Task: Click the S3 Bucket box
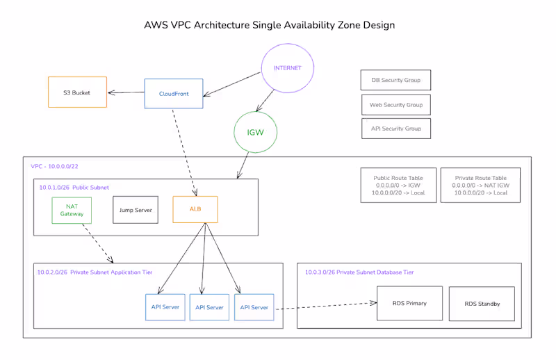pyautogui.click(x=77, y=92)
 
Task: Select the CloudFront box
pyautogui.click(x=173, y=93)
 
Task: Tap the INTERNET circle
pyautogui.click(x=288, y=68)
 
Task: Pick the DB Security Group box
pyautogui.click(x=395, y=81)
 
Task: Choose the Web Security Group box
pyautogui.click(x=395, y=105)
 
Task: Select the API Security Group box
pyautogui.click(x=395, y=129)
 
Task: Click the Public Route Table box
pyautogui.click(x=398, y=185)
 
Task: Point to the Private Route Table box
pyautogui.click(x=480, y=185)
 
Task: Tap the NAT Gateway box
pyautogui.click(x=72, y=210)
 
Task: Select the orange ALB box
pyautogui.click(x=195, y=209)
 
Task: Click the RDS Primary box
pyautogui.click(x=409, y=303)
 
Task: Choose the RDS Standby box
pyautogui.click(x=482, y=304)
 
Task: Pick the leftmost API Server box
pyautogui.click(x=165, y=306)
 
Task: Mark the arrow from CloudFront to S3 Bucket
pyautogui.click(x=126, y=92)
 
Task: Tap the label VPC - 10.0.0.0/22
pyautogui.click(x=55, y=167)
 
